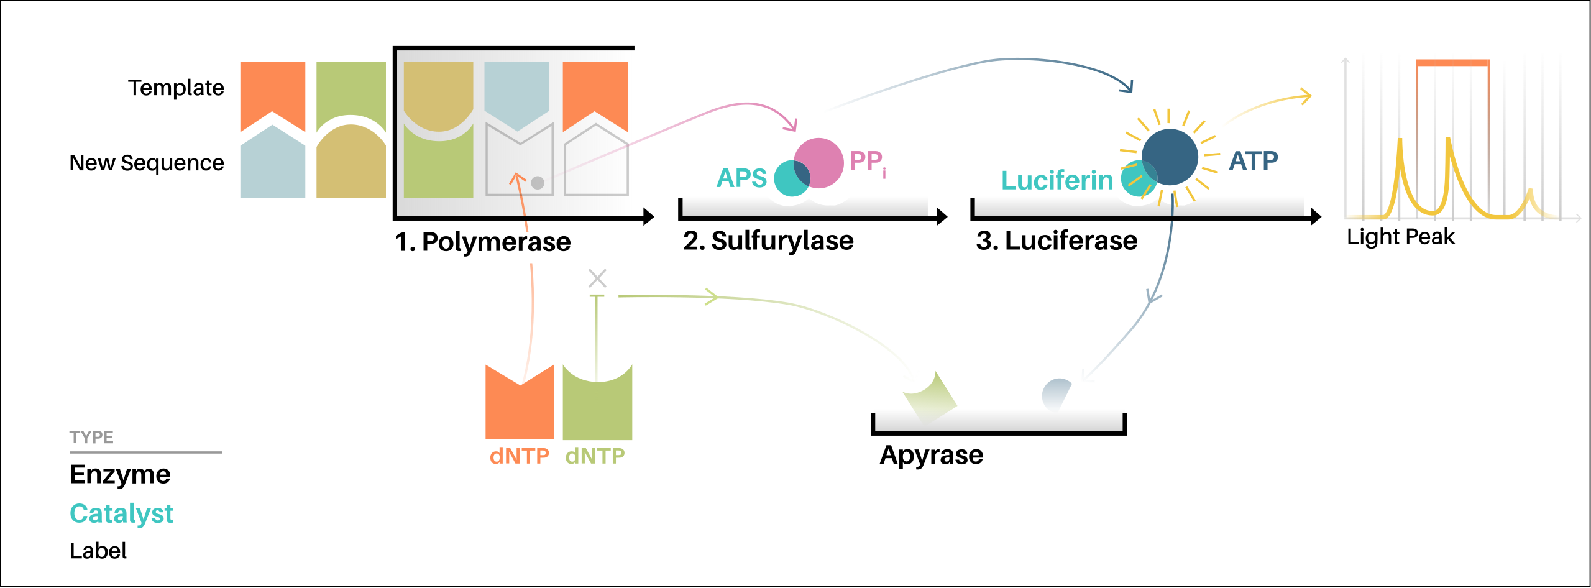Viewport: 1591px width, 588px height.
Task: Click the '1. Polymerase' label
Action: [483, 242]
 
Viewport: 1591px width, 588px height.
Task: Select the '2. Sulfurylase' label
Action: [768, 241]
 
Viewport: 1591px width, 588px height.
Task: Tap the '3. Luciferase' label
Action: [1057, 241]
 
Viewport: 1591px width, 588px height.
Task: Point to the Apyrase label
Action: [931, 455]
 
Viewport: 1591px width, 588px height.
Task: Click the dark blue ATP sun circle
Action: [1170, 157]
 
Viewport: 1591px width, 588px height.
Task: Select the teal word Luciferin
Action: [1057, 180]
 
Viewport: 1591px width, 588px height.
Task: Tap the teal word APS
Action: [741, 178]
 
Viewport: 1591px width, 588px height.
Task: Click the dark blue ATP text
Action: [1254, 161]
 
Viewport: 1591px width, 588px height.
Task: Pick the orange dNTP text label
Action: [519, 456]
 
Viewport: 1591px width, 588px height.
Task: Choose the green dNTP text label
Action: [595, 456]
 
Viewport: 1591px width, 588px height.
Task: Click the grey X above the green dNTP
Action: [597, 278]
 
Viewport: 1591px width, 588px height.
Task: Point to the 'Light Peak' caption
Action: [1401, 237]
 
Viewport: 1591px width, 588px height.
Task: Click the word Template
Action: [176, 88]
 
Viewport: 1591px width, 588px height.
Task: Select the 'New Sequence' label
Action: [147, 163]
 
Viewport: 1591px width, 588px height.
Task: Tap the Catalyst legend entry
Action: [121, 513]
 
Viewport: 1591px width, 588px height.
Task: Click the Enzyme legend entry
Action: [120, 474]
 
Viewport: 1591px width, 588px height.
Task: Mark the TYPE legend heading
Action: [91, 437]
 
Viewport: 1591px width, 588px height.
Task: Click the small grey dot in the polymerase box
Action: [538, 182]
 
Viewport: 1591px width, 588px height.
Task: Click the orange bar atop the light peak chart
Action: [1452, 63]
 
